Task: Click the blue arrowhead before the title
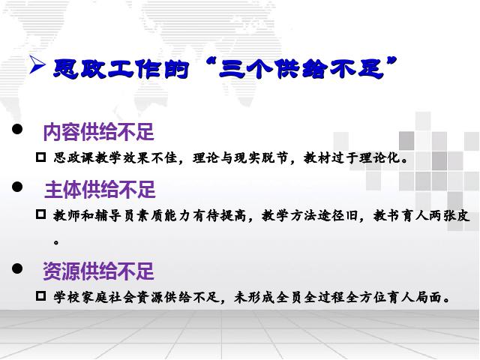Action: (37, 64)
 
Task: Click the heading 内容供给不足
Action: (98, 132)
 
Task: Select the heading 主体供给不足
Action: (100, 190)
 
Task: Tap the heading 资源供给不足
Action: (98, 271)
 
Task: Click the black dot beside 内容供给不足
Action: (17, 129)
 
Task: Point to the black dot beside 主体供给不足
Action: (17, 187)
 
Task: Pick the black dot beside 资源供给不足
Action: (17, 268)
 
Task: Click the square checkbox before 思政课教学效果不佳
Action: (40, 157)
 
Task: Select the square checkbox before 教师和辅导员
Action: (40, 214)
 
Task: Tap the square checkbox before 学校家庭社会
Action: (40, 296)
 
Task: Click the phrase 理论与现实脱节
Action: (240, 158)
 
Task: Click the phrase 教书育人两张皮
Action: (421, 215)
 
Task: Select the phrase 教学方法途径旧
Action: (310, 215)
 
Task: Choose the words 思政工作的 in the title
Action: (121, 68)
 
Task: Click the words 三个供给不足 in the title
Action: (301, 68)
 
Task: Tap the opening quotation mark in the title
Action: (209, 62)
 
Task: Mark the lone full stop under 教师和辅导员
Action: (56, 242)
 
